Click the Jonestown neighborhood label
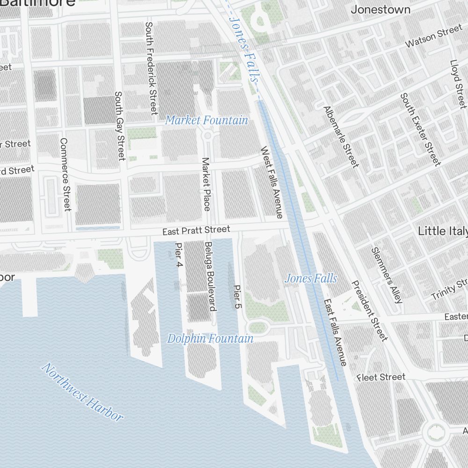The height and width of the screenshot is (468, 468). point(380,9)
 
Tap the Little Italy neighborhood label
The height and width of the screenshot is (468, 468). point(442,231)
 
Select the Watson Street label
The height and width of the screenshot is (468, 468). point(433,37)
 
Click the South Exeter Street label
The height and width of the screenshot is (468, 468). point(420,129)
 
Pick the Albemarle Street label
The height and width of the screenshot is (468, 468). point(341,137)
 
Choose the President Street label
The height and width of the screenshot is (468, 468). point(370,310)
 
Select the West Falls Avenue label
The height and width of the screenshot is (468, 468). point(272,183)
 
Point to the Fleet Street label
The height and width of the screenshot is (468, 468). point(381,377)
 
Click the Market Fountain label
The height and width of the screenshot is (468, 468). point(206,120)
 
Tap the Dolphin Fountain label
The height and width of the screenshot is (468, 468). point(210,338)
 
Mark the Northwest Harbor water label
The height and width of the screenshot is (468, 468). point(82,392)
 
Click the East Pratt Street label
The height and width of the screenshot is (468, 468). point(196,230)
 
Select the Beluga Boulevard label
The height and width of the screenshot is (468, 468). point(209,277)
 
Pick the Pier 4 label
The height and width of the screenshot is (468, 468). point(178,255)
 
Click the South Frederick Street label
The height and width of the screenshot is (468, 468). point(151,68)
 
